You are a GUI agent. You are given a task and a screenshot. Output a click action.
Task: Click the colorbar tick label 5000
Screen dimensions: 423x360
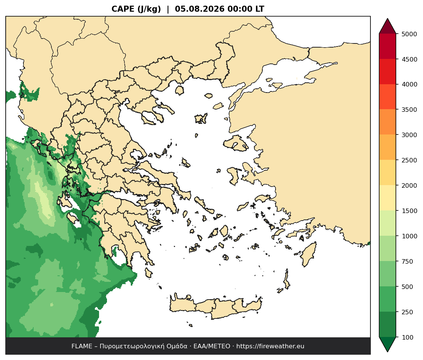click(x=409, y=34)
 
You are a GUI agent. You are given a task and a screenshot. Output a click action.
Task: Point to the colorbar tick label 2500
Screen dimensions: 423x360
click(x=409, y=160)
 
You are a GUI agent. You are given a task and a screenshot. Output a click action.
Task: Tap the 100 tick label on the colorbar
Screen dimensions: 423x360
click(x=408, y=337)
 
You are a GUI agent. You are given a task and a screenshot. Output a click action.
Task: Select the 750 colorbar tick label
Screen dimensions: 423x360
click(x=408, y=261)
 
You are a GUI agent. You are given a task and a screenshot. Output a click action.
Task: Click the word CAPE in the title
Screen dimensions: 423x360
click(x=123, y=9)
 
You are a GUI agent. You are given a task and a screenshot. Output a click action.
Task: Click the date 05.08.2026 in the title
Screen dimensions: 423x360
click(x=200, y=9)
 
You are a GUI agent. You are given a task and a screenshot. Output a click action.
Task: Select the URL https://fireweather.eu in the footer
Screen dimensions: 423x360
click(x=270, y=346)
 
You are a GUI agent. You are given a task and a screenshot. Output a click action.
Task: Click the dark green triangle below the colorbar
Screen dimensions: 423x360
click(x=387, y=343)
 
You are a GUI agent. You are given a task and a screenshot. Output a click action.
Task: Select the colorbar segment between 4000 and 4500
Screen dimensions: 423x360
click(x=387, y=72)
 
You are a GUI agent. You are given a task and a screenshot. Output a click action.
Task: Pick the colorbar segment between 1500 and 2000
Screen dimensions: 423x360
click(x=387, y=198)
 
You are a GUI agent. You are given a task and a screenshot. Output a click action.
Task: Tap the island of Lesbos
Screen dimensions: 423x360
click(x=236, y=143)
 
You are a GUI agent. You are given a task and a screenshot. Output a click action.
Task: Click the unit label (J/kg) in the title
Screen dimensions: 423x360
click(x=149, y=9)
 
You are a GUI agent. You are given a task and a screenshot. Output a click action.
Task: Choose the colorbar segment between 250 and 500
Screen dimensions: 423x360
click(x=387, y=299)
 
